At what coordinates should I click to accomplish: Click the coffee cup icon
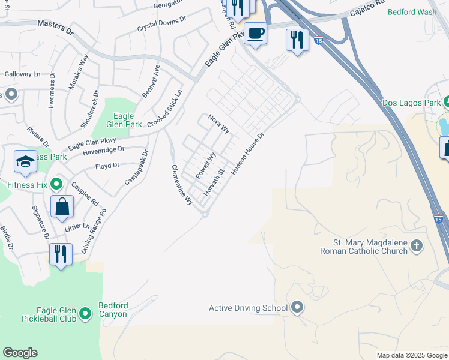[255, 33]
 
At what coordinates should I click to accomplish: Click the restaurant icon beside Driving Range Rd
[61, 254]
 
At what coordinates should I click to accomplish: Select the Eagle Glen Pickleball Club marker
[86, 313]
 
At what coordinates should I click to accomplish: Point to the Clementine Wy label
[182, 185]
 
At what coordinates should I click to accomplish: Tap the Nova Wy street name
[219, 124]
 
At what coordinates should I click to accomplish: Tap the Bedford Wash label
[412, 12]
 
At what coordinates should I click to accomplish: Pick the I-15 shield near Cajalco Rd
[319, 40]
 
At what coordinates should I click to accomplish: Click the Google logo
[20, 353]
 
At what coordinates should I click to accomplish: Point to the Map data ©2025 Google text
[411, 355]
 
